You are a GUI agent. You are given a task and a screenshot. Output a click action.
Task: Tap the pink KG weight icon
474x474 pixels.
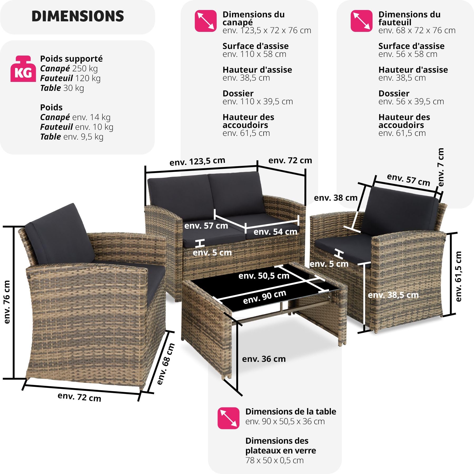tap(23, 69)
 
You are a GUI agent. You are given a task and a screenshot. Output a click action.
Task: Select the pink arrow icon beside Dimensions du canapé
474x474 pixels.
tap(206, 21)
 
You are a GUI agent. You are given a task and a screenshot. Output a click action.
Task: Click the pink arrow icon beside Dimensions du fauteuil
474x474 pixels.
tap(362, 21)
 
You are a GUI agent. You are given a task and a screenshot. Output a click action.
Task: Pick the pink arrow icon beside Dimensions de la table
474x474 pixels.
tap(228, 418)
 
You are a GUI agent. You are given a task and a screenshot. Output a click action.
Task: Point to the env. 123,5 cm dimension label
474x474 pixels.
tap(197, 161)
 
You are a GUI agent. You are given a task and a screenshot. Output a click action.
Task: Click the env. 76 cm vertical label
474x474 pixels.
tap(7, 302)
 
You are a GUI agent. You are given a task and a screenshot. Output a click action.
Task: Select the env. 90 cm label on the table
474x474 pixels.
tap(264, 297)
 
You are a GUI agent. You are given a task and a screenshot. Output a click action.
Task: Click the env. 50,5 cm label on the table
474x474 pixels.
tap(264, 276)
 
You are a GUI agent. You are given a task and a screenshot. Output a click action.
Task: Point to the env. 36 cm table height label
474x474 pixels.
tap(264, 359)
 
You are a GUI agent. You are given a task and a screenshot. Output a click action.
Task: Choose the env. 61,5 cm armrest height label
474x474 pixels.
tap(458, 276)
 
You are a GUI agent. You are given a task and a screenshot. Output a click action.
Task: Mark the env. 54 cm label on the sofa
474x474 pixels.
tap(275, 231)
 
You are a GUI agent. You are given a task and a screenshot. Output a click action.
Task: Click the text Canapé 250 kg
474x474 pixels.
tap(69, 68)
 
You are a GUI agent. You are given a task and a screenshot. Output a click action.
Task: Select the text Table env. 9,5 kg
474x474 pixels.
tap(72, 137)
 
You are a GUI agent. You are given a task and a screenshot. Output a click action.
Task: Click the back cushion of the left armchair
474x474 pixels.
tap(59, 234)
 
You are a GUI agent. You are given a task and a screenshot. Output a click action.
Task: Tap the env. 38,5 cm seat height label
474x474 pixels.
tap(393, 295)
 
